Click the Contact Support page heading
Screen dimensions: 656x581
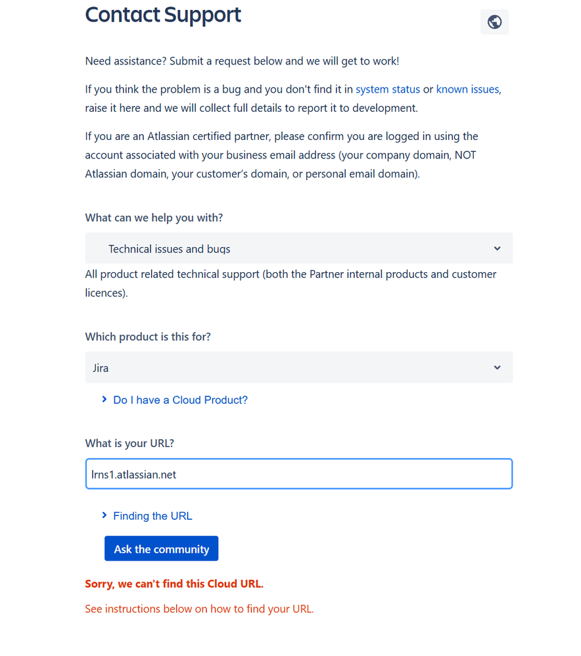click(x=163, y=15)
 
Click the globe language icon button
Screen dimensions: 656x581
click(x=494, y=22)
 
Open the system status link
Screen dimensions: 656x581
click(x=388, y=89)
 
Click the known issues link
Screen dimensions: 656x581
click(x=467, y=89)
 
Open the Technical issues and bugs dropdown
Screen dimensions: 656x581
click(x=298, y=248)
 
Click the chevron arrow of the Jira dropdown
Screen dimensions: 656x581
click(x=497, y=367)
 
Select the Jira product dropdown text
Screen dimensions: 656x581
click(x=101, y=368)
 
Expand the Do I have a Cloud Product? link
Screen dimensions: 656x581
click(x=180, y=400)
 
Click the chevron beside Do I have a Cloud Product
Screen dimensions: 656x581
click(x=104, y=399)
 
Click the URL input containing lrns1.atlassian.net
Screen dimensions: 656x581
click(x=298, y=474)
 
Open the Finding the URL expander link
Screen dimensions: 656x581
click(x=152, y=516)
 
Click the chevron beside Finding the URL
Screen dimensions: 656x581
click(x=104, y=515)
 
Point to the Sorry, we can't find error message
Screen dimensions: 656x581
click(x=174, y=584)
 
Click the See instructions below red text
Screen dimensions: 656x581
click(x=199, y=609)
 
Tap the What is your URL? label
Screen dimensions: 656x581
click(x=129, y=443)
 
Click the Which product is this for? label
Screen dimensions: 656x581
click(x=148, y=337)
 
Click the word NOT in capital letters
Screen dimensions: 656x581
click(x=466, y=155)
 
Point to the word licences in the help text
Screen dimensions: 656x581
click(x=105, y=293)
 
